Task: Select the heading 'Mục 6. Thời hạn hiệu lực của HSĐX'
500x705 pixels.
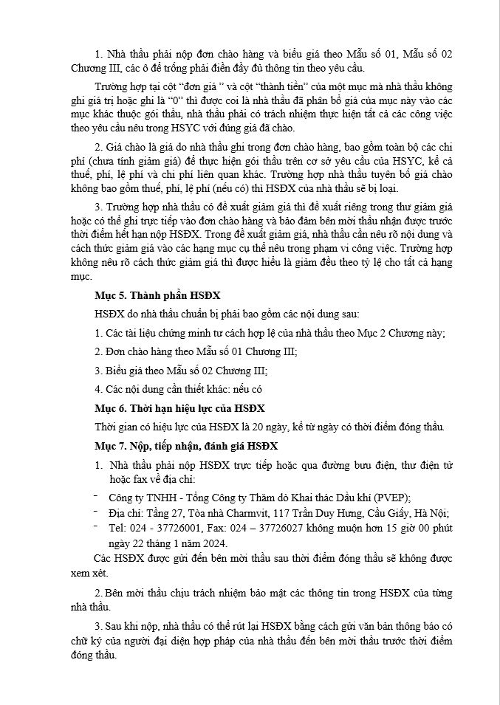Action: click(179, 408)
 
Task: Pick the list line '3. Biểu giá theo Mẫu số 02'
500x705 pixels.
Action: click(181, 371)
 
